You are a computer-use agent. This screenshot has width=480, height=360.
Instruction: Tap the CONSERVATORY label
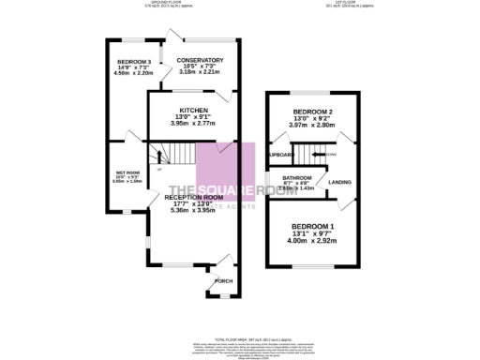coord(200,59)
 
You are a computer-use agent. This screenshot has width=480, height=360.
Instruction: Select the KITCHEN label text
coord(194,110)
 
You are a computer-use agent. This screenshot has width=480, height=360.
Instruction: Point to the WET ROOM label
coord(127,172)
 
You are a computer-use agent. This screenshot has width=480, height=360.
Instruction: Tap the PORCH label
coord(223,281)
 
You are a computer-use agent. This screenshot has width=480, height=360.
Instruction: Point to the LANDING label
coord(339,181)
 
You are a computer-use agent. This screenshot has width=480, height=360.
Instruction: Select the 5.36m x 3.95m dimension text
coord(193,210)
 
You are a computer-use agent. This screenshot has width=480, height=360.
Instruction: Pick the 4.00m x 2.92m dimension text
coord(312,240)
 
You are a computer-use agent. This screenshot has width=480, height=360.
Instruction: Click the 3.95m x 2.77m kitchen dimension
coord(194,123)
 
